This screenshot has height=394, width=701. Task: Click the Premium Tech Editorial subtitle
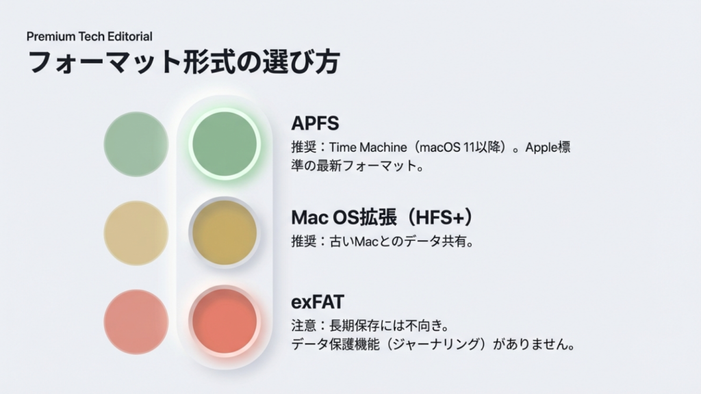coord(90,36)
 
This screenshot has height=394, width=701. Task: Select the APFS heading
coord(315,123)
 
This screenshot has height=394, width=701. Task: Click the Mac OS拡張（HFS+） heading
coord(383,217)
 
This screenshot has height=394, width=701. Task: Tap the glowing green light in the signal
coord(225,144)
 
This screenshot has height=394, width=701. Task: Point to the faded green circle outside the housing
coord(136,144)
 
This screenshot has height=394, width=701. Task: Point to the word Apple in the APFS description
coord(542,148)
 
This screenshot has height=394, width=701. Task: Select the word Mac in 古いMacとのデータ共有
coord(364,241)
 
